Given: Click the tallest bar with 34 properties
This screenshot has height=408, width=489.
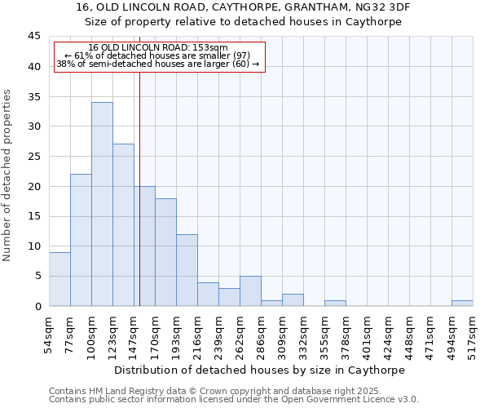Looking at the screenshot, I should (102, 204).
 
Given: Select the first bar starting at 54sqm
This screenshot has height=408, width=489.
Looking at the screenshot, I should (59, 279).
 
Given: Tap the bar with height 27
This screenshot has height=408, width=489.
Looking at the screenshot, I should (123, 225).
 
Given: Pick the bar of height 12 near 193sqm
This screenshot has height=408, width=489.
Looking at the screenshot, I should (187, 270).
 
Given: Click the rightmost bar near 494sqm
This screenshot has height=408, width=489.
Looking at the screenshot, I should (462, 303).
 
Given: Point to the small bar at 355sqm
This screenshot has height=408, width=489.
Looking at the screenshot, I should (335, 303).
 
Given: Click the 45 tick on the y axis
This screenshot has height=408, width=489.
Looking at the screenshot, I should (33, 37).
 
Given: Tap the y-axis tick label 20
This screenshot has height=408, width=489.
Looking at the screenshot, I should (33, 186).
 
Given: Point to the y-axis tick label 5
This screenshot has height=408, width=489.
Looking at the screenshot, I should (37, 276).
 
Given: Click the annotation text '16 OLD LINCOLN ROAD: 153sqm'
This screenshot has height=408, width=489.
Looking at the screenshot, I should (158, 48).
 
